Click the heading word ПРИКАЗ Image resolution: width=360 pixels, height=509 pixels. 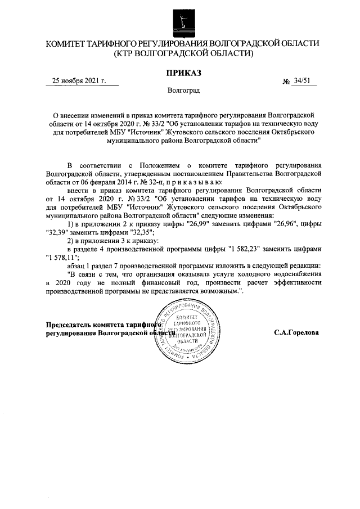[183, 72]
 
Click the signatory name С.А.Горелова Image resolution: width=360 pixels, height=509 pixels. [296, 332]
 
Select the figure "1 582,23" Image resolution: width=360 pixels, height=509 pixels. [250, 249]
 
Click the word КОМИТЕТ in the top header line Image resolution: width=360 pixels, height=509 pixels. [67, 43]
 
